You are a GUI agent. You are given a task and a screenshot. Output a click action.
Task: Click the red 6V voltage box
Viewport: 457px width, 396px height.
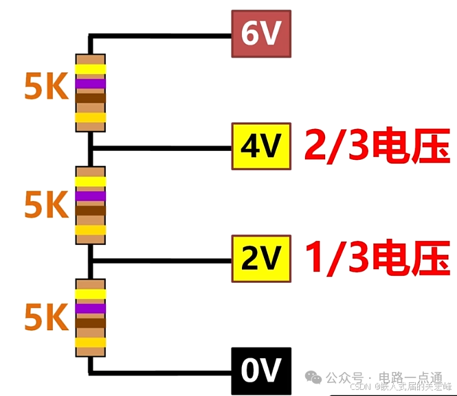[262, 35]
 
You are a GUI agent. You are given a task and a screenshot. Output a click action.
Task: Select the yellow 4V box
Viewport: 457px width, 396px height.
[262, 146]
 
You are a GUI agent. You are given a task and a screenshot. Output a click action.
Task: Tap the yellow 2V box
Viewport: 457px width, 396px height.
[262, 258]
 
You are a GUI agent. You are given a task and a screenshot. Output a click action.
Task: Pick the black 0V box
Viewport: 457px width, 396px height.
[262, 371]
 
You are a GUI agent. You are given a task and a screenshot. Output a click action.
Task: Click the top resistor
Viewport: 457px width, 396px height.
[91, 93]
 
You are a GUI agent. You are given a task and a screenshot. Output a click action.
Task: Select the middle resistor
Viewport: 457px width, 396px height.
[91, 205]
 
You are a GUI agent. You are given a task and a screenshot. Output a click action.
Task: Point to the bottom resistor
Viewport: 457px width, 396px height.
[91, 318]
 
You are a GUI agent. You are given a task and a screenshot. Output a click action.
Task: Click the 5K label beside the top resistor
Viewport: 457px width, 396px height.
[46, 87]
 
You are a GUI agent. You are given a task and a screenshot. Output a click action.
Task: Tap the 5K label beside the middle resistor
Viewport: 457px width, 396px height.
[46, 203]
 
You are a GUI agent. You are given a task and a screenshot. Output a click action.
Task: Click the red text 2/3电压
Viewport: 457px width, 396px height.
[376, 146]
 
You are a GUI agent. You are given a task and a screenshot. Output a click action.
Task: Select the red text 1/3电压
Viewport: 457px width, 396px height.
[376, 258]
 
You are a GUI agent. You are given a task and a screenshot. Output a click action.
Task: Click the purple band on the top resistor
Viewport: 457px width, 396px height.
[91, 84]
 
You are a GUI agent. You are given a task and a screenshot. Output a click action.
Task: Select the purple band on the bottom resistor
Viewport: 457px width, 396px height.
[91, 309]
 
